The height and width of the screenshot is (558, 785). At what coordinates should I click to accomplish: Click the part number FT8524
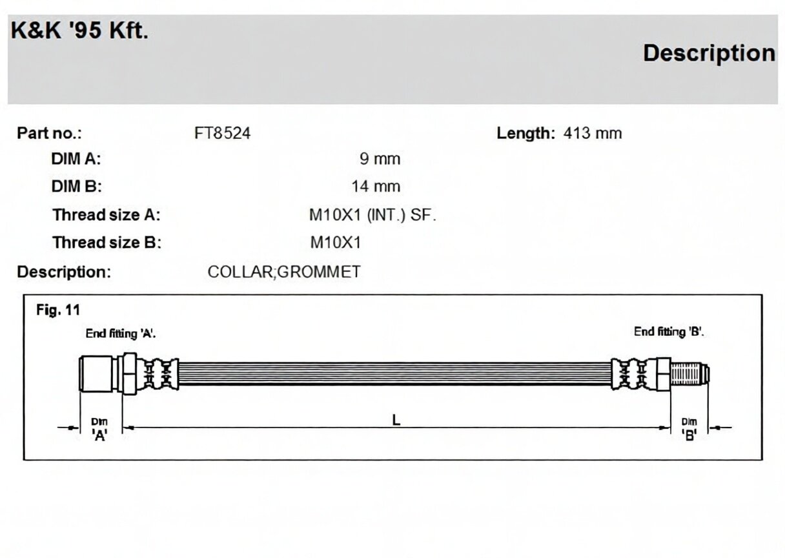223,134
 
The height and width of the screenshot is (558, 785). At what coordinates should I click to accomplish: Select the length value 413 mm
593,134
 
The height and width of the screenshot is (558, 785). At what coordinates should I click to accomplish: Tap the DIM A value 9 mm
380,159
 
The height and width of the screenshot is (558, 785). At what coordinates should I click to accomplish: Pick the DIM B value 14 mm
376,187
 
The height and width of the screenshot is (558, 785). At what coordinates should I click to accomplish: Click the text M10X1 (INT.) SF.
372,215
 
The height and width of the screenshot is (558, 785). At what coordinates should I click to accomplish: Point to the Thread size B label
107,243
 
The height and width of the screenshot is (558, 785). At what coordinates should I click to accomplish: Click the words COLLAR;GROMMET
284,272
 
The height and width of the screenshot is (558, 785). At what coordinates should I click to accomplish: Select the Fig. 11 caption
58,310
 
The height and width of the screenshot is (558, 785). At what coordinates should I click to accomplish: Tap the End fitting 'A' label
121,333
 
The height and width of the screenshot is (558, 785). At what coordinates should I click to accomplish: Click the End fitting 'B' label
669,331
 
